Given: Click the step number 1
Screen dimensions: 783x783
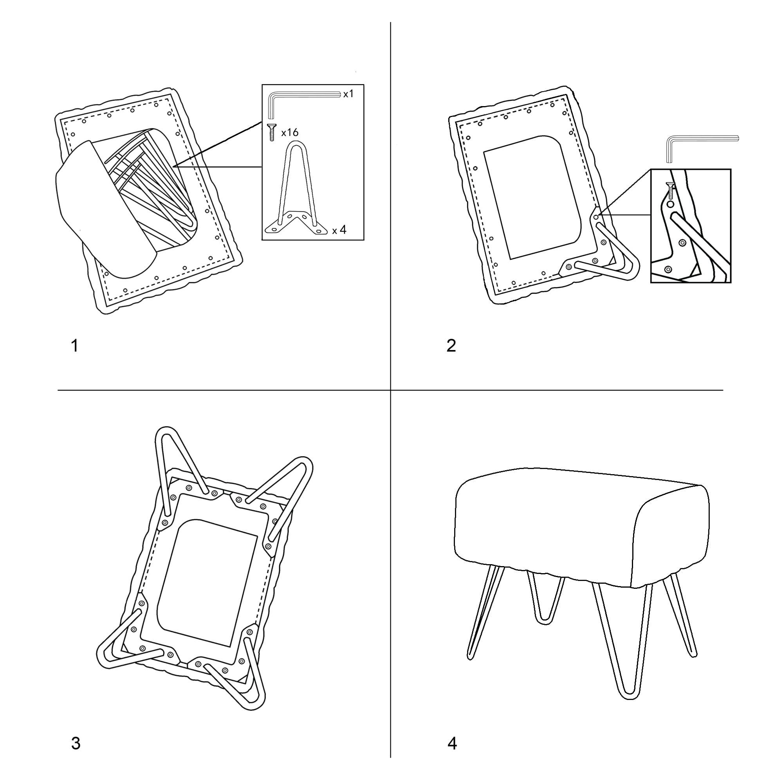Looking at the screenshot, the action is coord(74,346).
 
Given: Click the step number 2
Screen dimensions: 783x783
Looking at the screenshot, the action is coord(451,346).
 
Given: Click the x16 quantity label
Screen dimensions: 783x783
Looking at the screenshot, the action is coord(290,132).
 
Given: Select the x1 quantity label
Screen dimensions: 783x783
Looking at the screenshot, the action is coord(348,94).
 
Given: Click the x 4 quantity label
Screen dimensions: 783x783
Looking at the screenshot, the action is coord(339,230).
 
